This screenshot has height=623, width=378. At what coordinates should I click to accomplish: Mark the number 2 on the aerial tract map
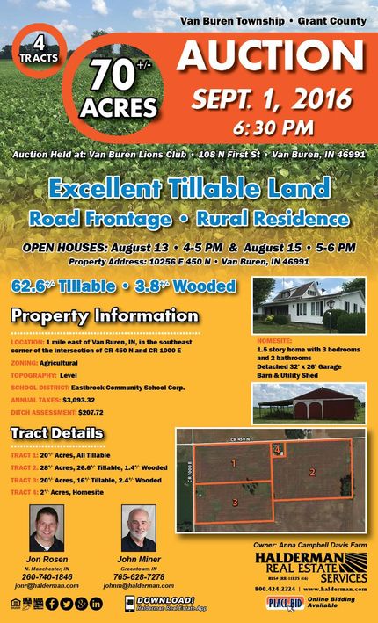tap(312, 472)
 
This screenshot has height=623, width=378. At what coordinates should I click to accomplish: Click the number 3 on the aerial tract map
tap(235, 502)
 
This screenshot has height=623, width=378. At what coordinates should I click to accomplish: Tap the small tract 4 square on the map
tap(277, 450)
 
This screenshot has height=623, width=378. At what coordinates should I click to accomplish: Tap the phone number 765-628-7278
tap(138, 576)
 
